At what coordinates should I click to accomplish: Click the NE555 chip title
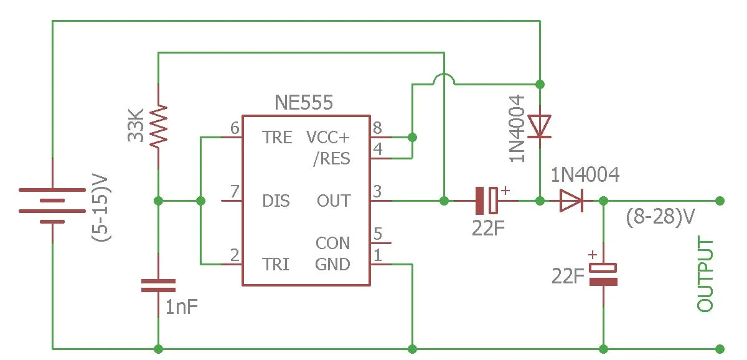pyautogui.click(x=304, y=102)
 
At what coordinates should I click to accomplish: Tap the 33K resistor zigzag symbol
pyautogui.click(x=158, y=126)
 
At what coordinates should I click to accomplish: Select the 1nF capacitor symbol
pyautogui.click(x=158, y=286)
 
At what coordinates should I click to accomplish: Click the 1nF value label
pyautogui.click(x=182, y=307)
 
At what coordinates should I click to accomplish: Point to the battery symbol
pyautogui.click(x=52, y=206)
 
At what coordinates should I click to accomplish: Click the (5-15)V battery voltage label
pyautogui.click(x=101, y=207)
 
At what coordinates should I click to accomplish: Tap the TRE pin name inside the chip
pyautogui.click(x=277, y=138)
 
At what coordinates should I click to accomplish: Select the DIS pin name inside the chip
pyautogui.click(x=276, y=201)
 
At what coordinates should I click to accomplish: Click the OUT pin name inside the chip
pyautogui.click(x=334, y=201)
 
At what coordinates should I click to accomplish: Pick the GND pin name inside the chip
pyautogui.click(x=332, y=264)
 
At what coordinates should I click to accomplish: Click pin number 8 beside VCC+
pyautogui.click(x=377, y=128)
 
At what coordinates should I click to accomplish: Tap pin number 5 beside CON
pyautogui.click(x=377, y=234)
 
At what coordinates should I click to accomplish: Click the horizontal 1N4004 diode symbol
pyautogui.click(x=571, y=201)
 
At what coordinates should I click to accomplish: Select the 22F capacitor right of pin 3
pyautogui.click(x=487, y=200)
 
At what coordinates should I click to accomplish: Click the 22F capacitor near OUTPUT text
pyautogui.click(x=603, y=274)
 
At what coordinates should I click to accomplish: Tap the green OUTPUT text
pyautogui.click(x=705, y=273)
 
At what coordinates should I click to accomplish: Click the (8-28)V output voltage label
pyautogui.click(x=660, y=217)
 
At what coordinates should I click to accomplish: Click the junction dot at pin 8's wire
pyautogui.click(x=412, y=137)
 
